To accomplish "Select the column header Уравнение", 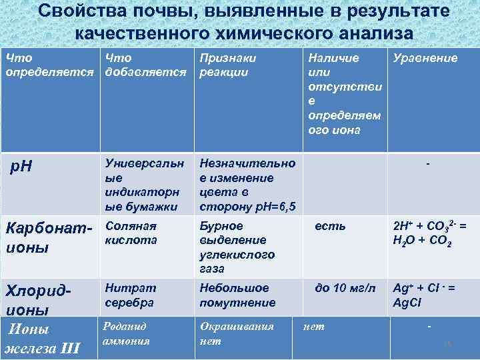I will click(425, 58).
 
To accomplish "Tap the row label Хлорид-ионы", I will click(37, 299).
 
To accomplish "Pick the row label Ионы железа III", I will click(43, 338).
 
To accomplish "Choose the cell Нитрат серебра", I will click(129, 295).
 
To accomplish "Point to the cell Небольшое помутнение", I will click(237, 295).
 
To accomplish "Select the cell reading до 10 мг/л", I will click(345, 288).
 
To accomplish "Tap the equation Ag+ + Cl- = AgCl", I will click(424, 295).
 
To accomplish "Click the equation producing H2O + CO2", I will click(429, 233).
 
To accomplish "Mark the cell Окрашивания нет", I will click(237, 333).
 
